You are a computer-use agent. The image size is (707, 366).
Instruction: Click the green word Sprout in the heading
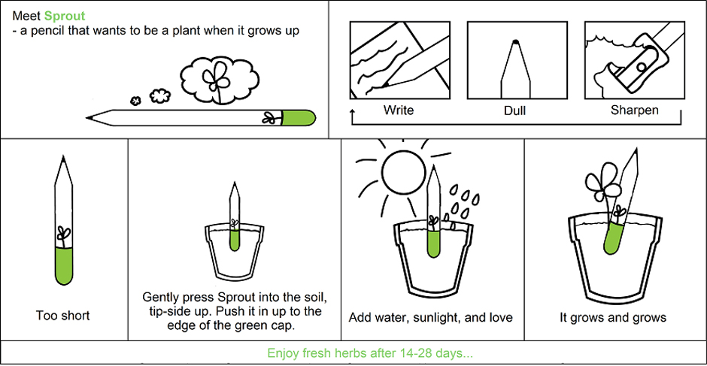[65, 17]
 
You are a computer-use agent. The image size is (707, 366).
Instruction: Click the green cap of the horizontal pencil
[299, 118]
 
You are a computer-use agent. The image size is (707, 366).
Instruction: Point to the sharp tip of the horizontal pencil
[87, 118]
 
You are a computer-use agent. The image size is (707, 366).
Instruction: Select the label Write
[399, 110]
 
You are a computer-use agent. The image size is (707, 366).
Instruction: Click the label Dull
[515, 110]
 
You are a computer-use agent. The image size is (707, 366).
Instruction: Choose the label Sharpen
[634, 110]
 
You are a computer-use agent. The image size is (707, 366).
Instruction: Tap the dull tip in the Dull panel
[515, 42]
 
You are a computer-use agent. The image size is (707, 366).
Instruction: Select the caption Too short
[62, 316]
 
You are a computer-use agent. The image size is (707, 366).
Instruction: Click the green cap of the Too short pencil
[64, 266]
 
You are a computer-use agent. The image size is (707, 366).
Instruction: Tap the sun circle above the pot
[404, 170]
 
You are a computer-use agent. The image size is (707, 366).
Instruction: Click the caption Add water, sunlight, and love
[431, 318]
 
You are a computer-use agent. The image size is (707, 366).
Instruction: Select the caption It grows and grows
[613, 318]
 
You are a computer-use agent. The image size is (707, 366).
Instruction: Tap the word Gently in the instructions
[158, 298]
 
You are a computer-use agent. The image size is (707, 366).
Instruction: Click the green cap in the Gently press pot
[234, 240]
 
